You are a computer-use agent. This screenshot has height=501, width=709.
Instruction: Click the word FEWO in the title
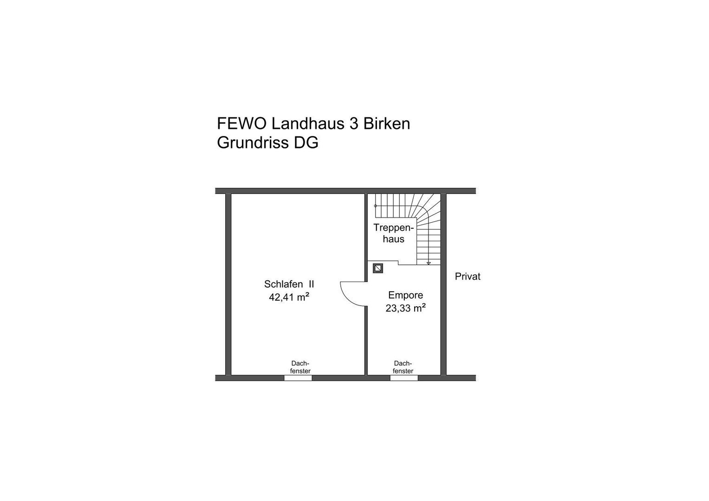tap(242, 124)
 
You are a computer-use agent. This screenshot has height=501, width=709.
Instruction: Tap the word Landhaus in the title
tap(308, 124)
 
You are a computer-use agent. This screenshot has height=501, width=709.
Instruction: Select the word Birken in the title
tap(386, 124)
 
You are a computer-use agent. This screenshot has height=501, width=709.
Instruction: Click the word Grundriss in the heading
tap(253, 143)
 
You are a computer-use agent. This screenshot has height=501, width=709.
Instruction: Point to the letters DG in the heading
tap(306, 143)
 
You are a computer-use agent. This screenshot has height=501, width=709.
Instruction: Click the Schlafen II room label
tap(289, 284)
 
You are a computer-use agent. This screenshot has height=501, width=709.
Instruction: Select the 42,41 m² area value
tap(289, 297)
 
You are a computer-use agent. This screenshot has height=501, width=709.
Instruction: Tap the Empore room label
tap(405, 295)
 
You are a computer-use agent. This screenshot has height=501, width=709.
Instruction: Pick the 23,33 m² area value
tap(405, 308)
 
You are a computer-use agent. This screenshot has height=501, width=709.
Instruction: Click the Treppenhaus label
tap(394, 233)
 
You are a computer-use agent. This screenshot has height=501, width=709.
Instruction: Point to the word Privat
tap(468, 276)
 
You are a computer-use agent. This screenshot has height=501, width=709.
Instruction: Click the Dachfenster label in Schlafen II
tap(300, 367)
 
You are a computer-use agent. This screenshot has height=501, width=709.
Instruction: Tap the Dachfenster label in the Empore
tap(403, 367)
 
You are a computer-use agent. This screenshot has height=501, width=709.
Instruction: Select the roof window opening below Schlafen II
tap(298, 378)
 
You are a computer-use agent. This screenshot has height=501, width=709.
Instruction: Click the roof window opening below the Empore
tap(404, 378)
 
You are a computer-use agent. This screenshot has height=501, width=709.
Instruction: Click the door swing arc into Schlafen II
tap(348, 299)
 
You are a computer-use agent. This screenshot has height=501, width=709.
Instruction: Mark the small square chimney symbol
tap(378, 268)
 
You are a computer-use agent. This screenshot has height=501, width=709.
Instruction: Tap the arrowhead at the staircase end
tap(429, 263)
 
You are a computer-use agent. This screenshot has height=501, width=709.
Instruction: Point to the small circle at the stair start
tap(376, 206)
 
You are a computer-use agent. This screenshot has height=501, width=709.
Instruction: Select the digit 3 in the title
tap(354, 124)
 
